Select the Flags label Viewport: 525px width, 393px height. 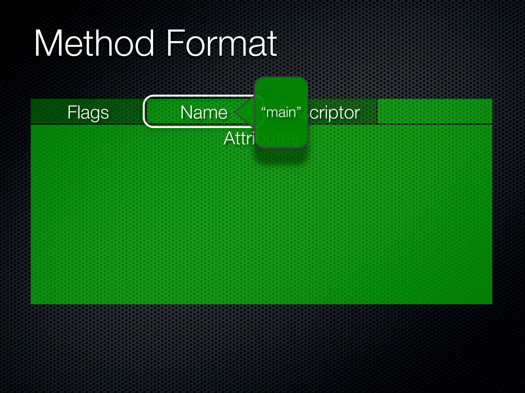pyautogui.click(x=88, y=112)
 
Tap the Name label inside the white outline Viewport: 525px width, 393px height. pyautogui.click(x=204, y=112)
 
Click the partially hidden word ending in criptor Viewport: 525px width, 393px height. pyautogui.click(x=335, y=112)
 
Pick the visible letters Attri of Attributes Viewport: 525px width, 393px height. pyautogui.click(x=239, y=138)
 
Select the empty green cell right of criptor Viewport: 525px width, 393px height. pyautogui.click(x=435, y=111)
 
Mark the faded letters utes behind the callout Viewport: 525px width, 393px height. pyautogui.click(x=285, y=139)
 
